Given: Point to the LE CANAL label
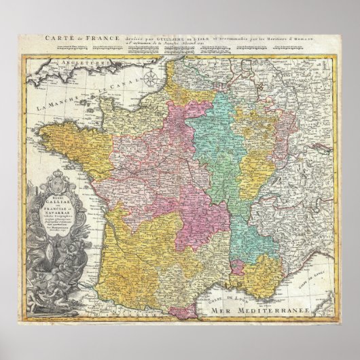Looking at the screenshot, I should pyautogui.click(x=111, y=79).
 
